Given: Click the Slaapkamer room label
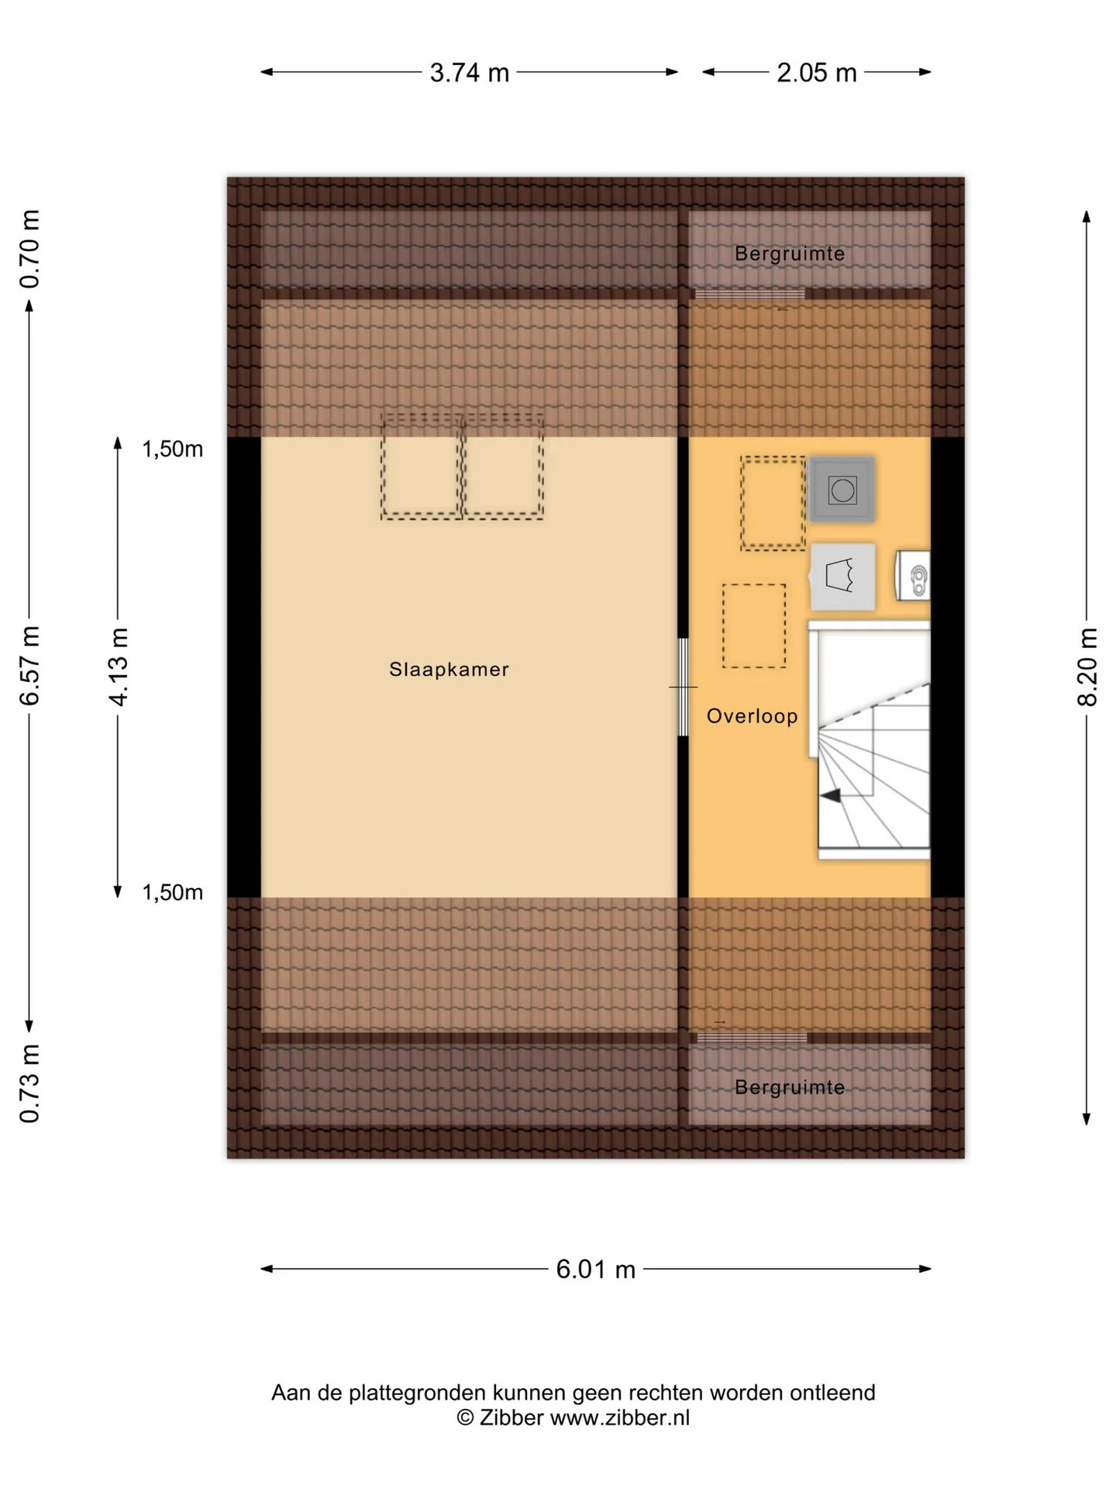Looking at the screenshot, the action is (449, 670).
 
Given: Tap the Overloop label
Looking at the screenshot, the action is (752, 716).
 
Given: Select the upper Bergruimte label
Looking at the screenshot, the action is (790, 253).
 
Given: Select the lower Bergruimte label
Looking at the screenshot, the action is (790, 1087).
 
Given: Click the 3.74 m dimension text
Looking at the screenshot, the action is (470, 73).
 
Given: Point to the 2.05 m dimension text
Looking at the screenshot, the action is (817, 73).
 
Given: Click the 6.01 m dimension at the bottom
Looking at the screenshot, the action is (595, 1269).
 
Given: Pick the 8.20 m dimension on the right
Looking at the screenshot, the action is (1087, 666).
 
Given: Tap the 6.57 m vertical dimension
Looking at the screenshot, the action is (29, 666).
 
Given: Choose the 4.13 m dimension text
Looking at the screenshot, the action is (118, 666).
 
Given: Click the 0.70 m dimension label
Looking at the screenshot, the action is (29, 250).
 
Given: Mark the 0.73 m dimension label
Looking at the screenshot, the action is (29, 1083).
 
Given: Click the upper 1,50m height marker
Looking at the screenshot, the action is (172, 449).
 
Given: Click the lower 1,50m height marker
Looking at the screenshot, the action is (172, 892).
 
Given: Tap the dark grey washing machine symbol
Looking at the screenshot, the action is (842, 490).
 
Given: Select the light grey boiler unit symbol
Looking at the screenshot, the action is (843, 577).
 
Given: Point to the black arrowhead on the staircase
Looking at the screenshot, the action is (830, 795).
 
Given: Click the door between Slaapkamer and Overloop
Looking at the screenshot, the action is (683, 687).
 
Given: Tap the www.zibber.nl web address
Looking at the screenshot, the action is (619, 1417).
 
